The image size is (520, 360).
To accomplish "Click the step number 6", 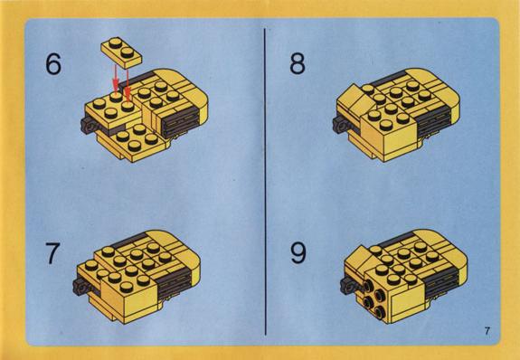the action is coord(53,63).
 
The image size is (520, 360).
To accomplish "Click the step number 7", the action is coord(53,253).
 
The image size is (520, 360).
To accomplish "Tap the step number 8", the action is coord(298,63).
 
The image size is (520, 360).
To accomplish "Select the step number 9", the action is coord(298,253).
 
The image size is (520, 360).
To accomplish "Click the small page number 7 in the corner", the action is coord(487,331).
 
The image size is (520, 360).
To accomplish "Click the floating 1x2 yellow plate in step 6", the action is coord(121,52).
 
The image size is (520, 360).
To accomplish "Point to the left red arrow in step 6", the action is coord(115,78).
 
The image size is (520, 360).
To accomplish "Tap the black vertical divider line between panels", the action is coord(265,182).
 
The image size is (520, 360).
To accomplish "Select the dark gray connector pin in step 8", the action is coord(340,125).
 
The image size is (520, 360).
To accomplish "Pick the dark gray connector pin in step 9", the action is coord(348,286).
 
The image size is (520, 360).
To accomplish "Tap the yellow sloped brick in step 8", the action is coord(354,99).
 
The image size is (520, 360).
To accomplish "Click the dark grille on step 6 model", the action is coord(181,122).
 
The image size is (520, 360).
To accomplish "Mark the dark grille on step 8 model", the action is coord(433,122).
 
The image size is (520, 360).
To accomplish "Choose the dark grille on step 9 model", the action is coord(441,282).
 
